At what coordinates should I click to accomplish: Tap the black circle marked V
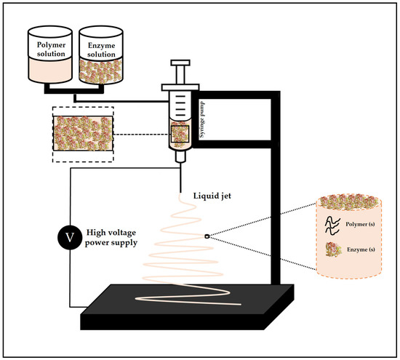70,236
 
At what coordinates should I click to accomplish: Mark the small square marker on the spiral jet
207,236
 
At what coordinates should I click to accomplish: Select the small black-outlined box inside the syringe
180,135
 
